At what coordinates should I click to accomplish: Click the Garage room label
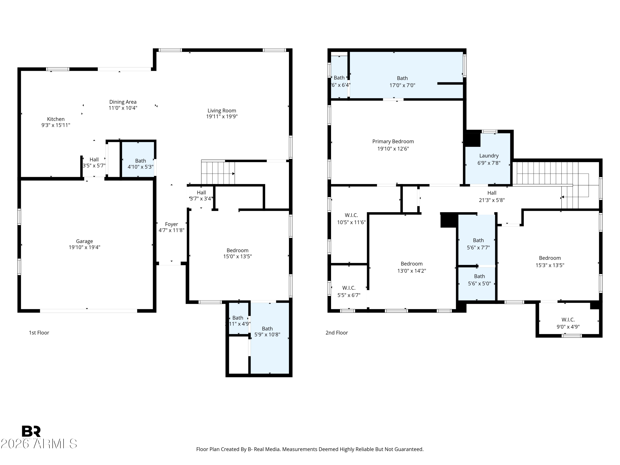pyautogui.click(x=84, y=241)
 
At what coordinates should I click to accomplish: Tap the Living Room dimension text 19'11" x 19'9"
pyautogui.click(x=222, y=117)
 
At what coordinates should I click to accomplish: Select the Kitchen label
pyautogui.click(x=56, y=119)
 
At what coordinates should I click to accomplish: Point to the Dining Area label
pyautogui.click(x=123, y=102)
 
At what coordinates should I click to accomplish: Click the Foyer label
pyautogui.click(x=171, y=224)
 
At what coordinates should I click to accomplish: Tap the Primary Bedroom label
pyautogui.click(x=393, y=142)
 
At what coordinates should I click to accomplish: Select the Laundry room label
pyautogui.click(x=489, y=156)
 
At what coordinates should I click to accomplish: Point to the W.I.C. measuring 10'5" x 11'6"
pyautogui.click(x=351, y=219)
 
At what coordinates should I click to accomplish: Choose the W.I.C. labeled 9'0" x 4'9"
pyautogui.click(x=568, y=323)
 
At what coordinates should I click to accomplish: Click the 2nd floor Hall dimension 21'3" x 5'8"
pyautogui.click(x=492, y=200)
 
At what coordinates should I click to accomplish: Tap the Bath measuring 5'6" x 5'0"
pyautogui.click(x=479, y=280)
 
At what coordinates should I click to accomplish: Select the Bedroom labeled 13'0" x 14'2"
pyautogui.click(x=411, y=267)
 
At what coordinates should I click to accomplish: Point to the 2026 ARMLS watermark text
pyautogui.click(x=39, y=444)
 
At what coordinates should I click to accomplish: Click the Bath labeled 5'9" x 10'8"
pyautogui.click(x=267, y=331)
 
